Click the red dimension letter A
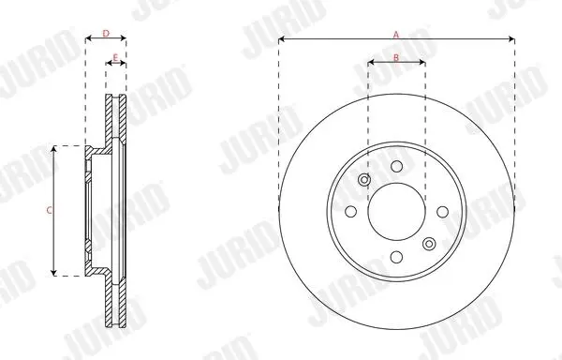[x=396, y=35]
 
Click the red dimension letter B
[x=396, y=57]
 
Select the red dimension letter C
[x=49, y=211]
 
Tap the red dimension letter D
[x=106, y=34]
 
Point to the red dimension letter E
[x=115, y=58]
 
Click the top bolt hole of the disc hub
[x=396, y=166]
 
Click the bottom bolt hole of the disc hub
[x=396, y=257]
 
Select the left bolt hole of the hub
[x=351, y=212]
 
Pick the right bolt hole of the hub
[x=443, y=212]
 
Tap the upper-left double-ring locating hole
[x=364, y=179]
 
